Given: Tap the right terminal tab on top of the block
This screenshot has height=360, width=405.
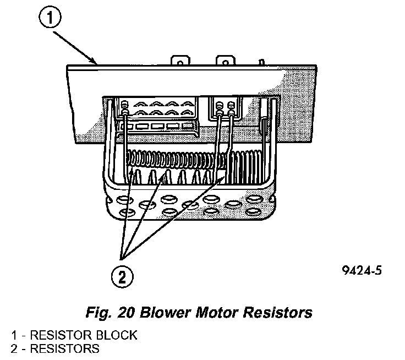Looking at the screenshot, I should tap(224, 60).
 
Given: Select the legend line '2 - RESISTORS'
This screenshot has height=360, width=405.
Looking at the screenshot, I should tap(55, 348).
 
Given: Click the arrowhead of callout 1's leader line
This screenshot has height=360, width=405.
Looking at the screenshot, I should tap(96, 63).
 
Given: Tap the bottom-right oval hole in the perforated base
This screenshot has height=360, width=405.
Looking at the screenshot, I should tap(253, 211).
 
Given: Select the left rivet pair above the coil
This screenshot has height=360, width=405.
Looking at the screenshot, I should tap(126, 108).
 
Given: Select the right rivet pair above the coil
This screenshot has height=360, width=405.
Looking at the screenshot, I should tap(227, 109).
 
